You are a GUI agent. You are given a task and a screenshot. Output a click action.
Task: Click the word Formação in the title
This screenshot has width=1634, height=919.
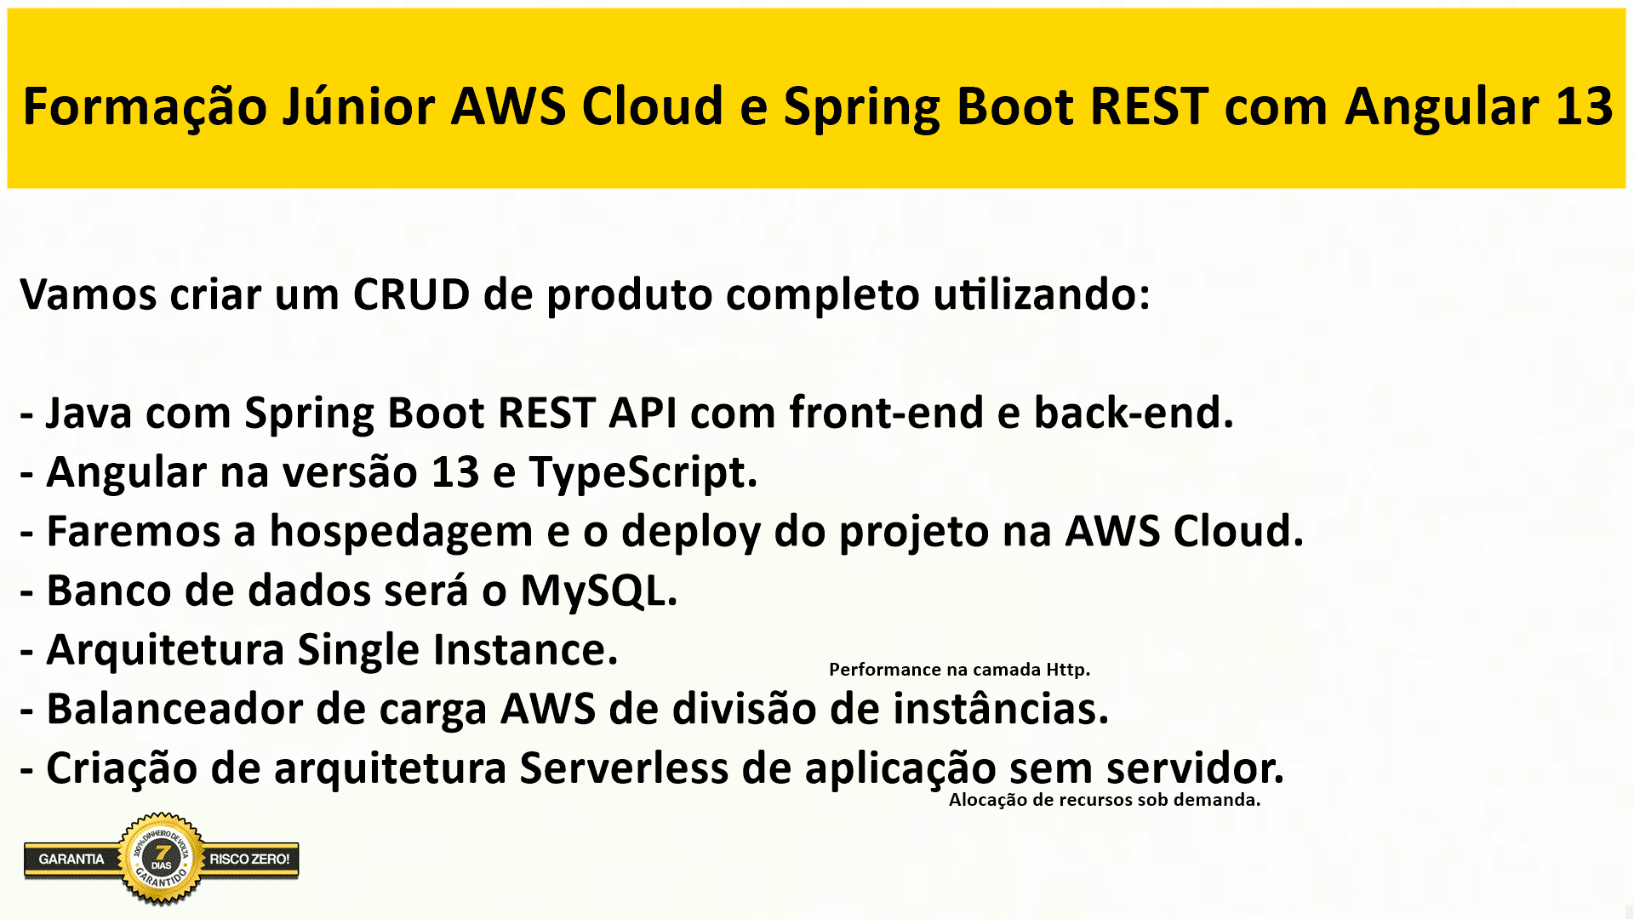pos(145,109)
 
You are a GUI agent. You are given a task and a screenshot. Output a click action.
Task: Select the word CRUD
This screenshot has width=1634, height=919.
pos(411,294)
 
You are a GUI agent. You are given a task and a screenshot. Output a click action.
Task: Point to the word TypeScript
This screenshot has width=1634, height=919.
pos(643,473)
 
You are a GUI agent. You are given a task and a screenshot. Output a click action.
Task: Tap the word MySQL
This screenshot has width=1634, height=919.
pos(599,591)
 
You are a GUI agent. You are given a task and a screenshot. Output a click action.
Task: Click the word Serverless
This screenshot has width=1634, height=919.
pos(624,768)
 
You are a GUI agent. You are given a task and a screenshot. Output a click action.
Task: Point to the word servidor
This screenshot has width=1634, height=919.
pos(1195,768)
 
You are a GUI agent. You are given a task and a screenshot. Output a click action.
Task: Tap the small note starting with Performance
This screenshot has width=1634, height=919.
pos(959,670)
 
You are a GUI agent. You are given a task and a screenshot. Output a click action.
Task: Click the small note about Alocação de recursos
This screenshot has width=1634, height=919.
pos(1105,800)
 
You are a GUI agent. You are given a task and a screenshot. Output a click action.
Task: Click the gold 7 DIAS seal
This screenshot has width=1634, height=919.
pos(162,858)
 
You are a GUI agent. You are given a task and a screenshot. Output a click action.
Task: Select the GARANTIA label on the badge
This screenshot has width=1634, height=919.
pos(71,859)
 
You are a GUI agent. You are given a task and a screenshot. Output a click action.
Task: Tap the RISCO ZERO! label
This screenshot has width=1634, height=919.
pos(249,859)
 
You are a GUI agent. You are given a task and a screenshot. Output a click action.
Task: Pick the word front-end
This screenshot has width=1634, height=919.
pos(886,413)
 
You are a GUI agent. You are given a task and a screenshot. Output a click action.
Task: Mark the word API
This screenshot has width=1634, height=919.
pos(643,413)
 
